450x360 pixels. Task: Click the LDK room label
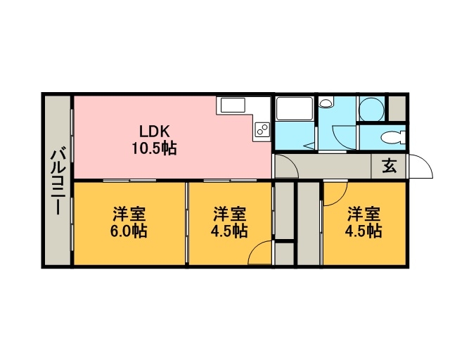[155, 131]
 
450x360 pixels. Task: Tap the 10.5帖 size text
[154, 148]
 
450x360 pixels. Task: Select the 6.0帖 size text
[129, 231]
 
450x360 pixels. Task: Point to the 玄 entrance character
[389, 166]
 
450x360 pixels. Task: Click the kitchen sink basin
[233, 105]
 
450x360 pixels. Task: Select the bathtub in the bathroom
[294, 108]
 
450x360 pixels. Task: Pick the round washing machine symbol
[371, 110]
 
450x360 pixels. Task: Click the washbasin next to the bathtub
[326, 103]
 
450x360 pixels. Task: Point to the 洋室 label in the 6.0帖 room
[129, 214]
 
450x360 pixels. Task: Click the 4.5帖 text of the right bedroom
[364, 231]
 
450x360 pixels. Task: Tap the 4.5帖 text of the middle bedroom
[229, 231]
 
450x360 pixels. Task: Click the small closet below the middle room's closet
[284, 254]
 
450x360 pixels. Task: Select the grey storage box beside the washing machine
[397, 108]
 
